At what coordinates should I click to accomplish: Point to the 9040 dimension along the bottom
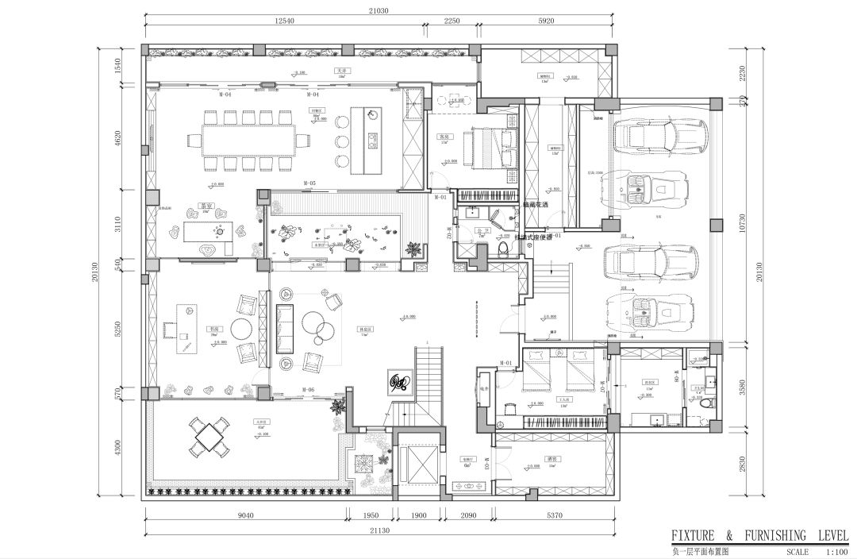tap(244, 515)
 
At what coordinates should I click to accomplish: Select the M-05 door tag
tap(309, 183)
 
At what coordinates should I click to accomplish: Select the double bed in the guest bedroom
tap(489, 148)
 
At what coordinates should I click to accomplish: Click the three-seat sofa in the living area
tap(284, 328)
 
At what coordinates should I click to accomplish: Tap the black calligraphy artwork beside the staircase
tap(398, 382)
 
